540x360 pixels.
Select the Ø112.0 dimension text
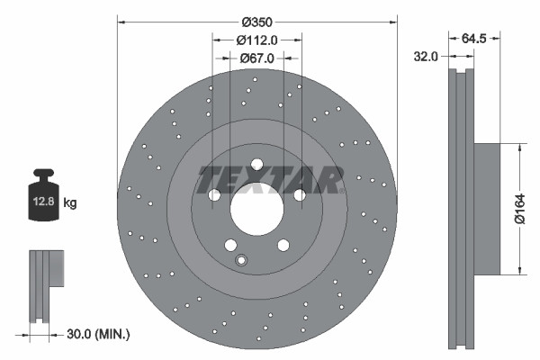(256, 40)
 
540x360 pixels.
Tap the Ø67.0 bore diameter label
(256, 58)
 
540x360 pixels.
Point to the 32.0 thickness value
(425, 56)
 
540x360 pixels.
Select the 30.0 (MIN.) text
(99, 334)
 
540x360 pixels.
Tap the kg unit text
(70, 203)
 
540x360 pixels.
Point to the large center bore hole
(256, 212)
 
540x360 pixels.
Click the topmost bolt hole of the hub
(256, 165)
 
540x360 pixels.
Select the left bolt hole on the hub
(214, 195)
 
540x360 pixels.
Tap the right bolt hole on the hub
(300, 194)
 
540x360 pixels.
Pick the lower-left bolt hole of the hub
(230, 245)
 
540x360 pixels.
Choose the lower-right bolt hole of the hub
(283, 245)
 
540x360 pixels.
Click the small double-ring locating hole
(240, 261)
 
